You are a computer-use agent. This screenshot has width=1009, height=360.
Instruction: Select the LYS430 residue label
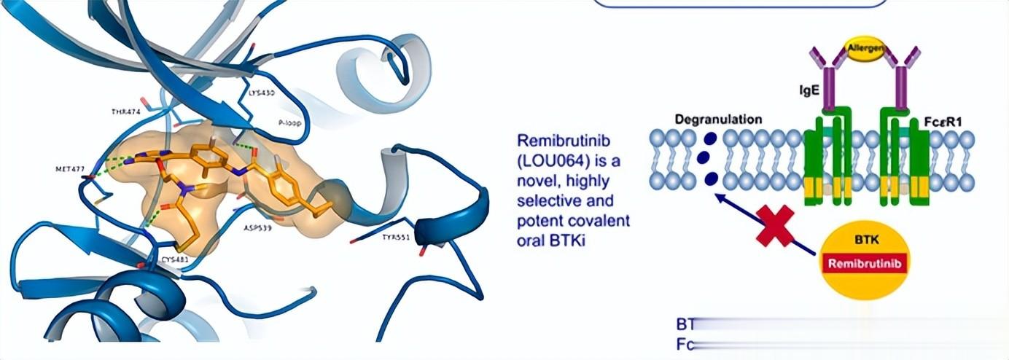(261, 93)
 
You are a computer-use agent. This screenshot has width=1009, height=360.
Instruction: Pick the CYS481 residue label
(176, 259)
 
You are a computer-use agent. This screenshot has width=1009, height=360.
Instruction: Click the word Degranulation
(718, 119)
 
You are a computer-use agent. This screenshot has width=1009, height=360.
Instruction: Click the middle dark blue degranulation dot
(703, 158)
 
